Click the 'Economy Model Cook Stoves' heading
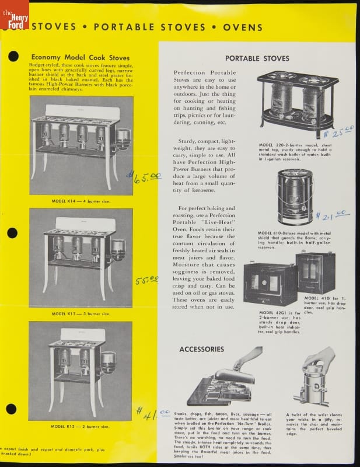81,57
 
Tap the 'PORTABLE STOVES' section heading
257,58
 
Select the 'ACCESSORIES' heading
201,349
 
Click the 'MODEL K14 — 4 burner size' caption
80,201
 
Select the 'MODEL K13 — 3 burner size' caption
80,313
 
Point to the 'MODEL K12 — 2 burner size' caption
80,427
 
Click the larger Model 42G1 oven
270,284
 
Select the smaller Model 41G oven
315,272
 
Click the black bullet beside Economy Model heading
13,57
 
